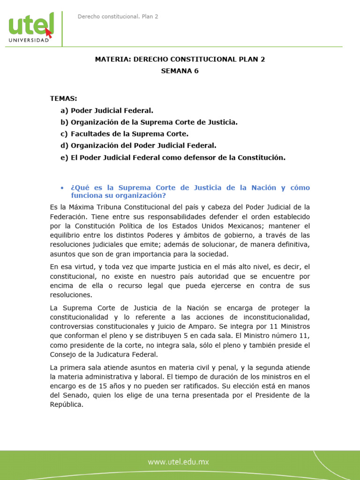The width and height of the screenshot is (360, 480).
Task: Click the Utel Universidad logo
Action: [x=31, y=29]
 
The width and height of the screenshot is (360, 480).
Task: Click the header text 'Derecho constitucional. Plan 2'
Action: [x=118, y=16]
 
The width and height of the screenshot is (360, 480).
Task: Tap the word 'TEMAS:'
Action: [x=64, y=98]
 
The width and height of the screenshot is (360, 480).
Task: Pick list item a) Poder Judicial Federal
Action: [x=107, y=111]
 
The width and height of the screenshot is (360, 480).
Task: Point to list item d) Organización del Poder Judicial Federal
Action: [x=138, y=146]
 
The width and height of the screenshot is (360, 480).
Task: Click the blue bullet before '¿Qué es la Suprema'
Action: [x=62, y=187]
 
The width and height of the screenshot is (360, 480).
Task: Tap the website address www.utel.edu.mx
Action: [x=179, y=462]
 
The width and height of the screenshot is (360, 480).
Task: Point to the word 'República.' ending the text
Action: [x=67, y=405]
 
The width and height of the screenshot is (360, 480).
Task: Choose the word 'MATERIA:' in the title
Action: [x=112, y=60]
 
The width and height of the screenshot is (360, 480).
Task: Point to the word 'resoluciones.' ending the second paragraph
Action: [x=70, y=295]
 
